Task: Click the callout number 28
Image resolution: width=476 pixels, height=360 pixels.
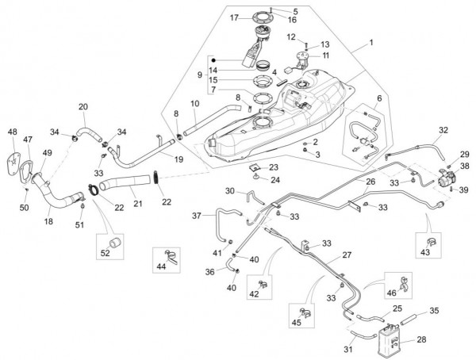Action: pyautogui.click(x=421, y=339)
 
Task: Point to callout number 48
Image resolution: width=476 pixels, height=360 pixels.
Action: pyautogui.click(x=12, y=131)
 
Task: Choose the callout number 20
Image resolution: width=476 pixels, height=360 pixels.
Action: pyautogui.click(x=83, y=106)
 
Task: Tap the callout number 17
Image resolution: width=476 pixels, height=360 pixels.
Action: pyautogui.click(x=212, y=17)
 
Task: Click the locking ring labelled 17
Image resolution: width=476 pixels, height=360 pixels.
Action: pyautogui.click(x=236, y=19)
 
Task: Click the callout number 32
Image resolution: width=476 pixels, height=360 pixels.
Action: pyautogui.click(x=443, y=129)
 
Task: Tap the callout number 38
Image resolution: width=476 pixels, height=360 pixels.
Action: pyautogui.click(x=465, y=167)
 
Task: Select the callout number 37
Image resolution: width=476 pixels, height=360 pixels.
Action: pyautogui.click(x=196, y=215)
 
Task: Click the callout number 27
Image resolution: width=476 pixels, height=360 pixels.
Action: pyautogui.click(x=346, y=255)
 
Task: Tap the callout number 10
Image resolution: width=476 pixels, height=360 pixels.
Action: pyautogui.click(x=194, y=104)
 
